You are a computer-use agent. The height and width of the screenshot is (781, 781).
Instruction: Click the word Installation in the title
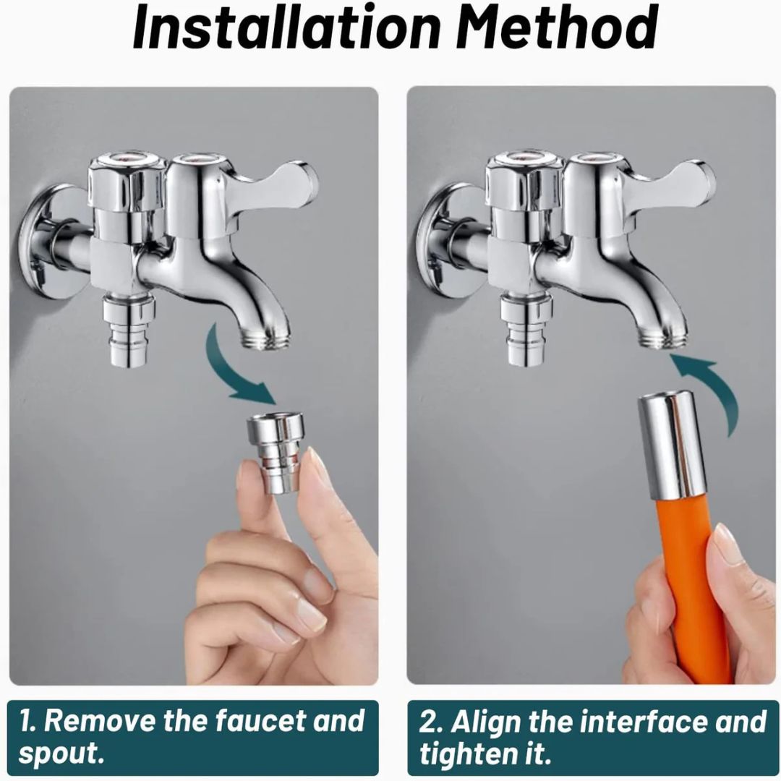(286, 27)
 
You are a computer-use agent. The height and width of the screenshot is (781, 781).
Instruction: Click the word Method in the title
(557, 27)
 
